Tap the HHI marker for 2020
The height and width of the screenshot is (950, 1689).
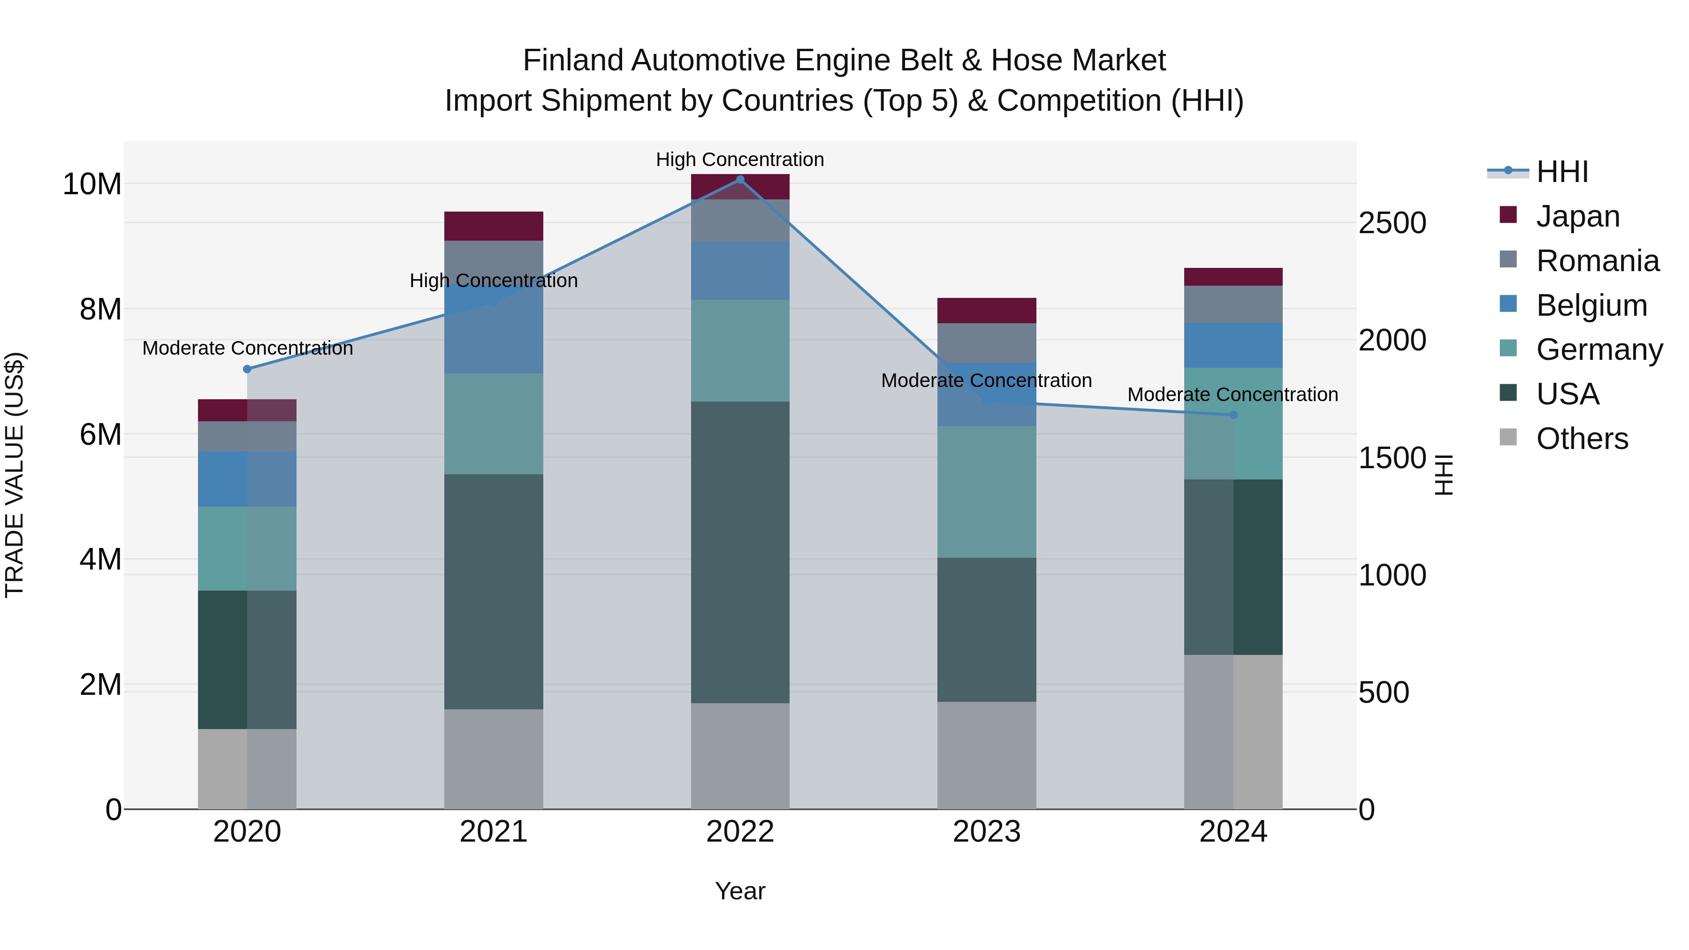[x=247, y=369]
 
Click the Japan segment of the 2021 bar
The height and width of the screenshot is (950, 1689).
[x=493, y=226]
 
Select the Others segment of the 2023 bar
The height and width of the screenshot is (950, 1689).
[x=986, y=755]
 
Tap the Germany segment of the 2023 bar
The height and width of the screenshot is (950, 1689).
[x=986, y=492]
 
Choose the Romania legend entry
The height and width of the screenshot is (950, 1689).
[x=1597, y=261]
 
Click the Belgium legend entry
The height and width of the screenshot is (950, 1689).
[x=1591, y=305]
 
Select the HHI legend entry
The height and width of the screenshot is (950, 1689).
[x=1562, y=172]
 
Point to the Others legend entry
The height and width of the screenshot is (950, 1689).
[x=1582, y=439]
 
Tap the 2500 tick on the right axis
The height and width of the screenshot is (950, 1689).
[x=1392, y=223]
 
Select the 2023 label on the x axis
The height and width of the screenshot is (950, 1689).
[x=986, y=832]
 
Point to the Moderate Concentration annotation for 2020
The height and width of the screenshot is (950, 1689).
[x=247, y=348]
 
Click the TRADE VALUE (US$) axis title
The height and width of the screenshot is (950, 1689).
[x=15, y=475]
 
